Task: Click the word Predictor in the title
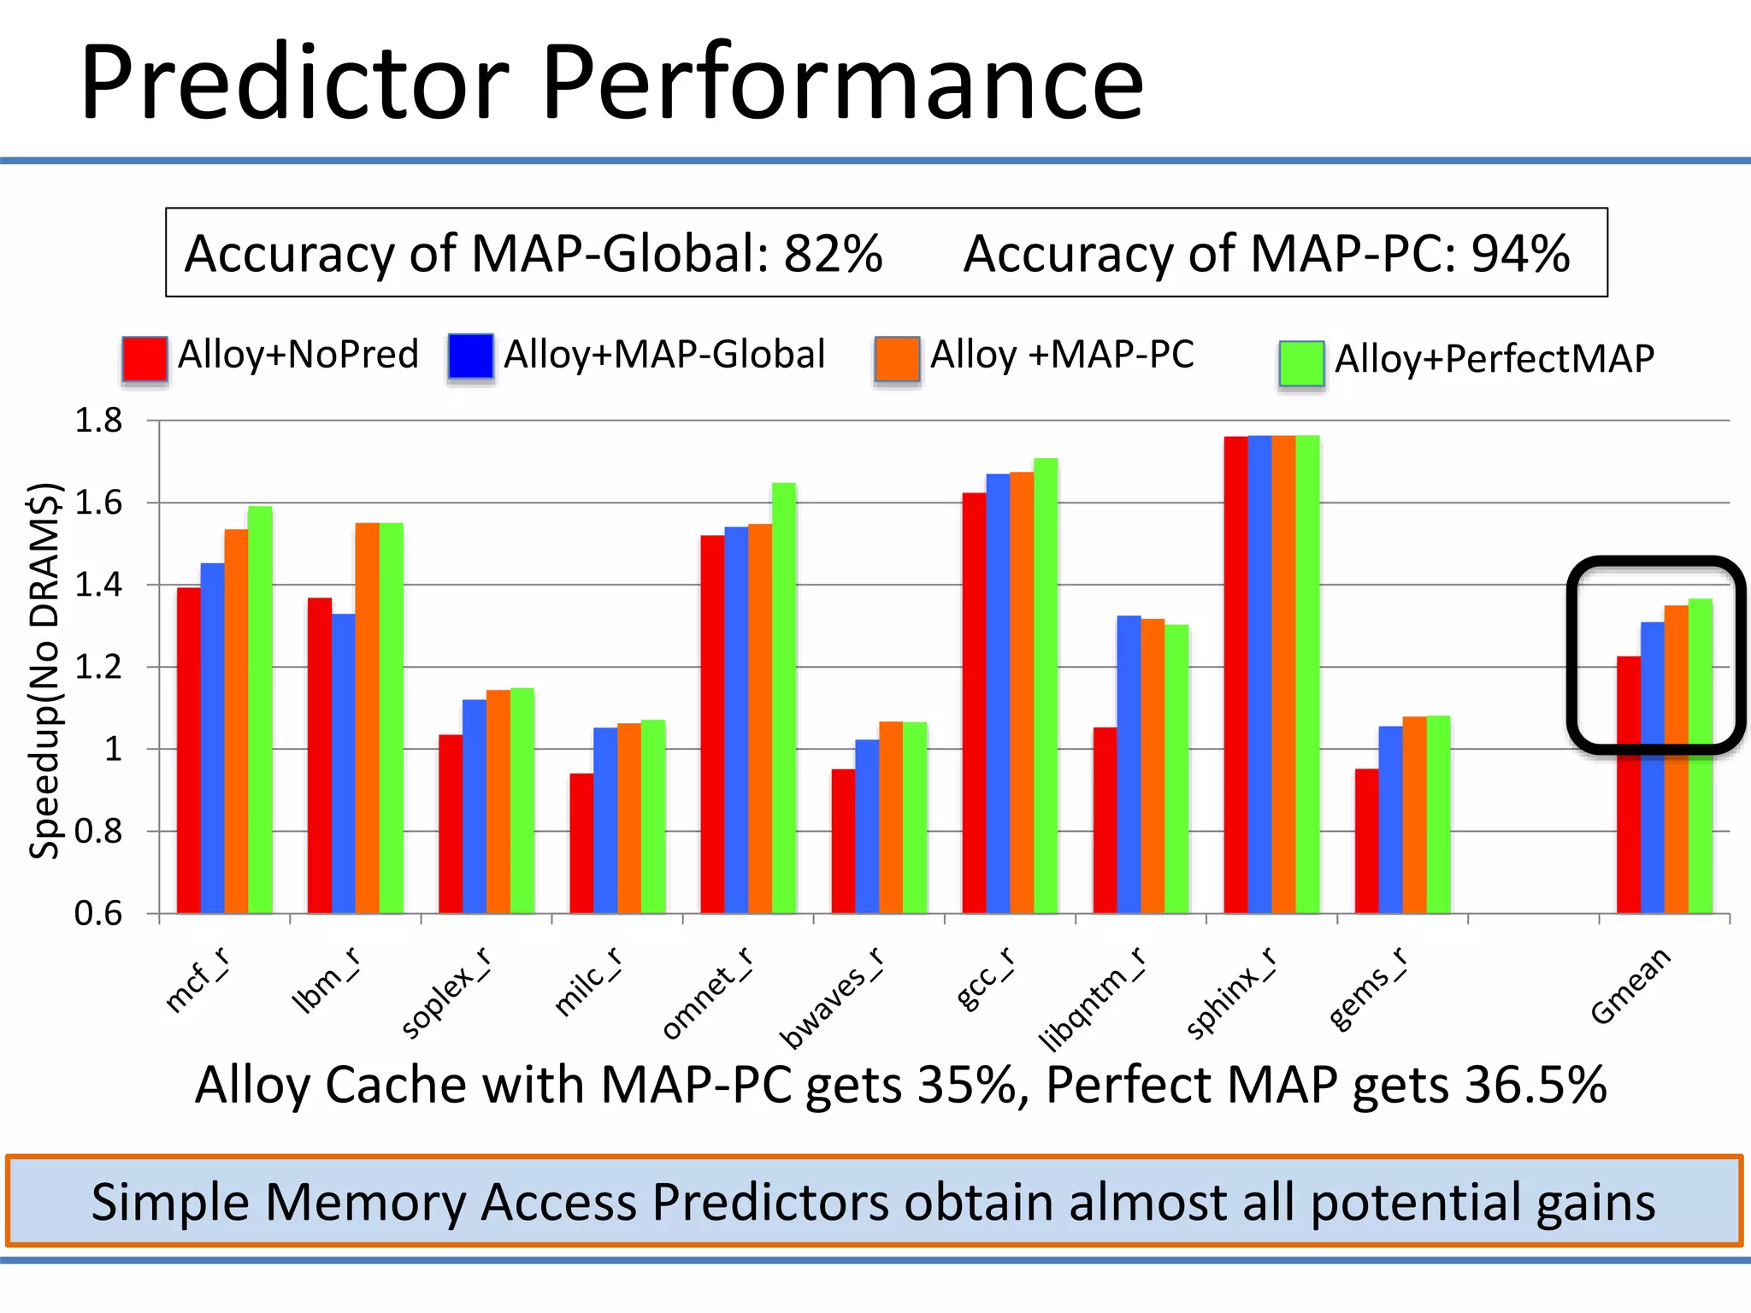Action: [x=295, y=84]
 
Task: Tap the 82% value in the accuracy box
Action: [x=833, y=254]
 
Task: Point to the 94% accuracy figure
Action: [x=1520, y=254]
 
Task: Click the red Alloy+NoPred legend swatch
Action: [x=144, y=358]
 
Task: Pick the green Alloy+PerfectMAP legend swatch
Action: [x=1301, y=362]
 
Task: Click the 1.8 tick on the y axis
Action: [x=98, y=421]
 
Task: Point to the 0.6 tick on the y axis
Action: [x=98, y=914]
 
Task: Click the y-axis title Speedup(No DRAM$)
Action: [x=44, y=671]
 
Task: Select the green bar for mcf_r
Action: [x=260, y=709]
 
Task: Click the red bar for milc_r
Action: [x=581, y=843]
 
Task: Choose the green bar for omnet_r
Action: [x=784, y=698]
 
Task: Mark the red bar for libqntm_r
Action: [x=1105, y=820]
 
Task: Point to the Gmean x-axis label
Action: [x=1630, y=986]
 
